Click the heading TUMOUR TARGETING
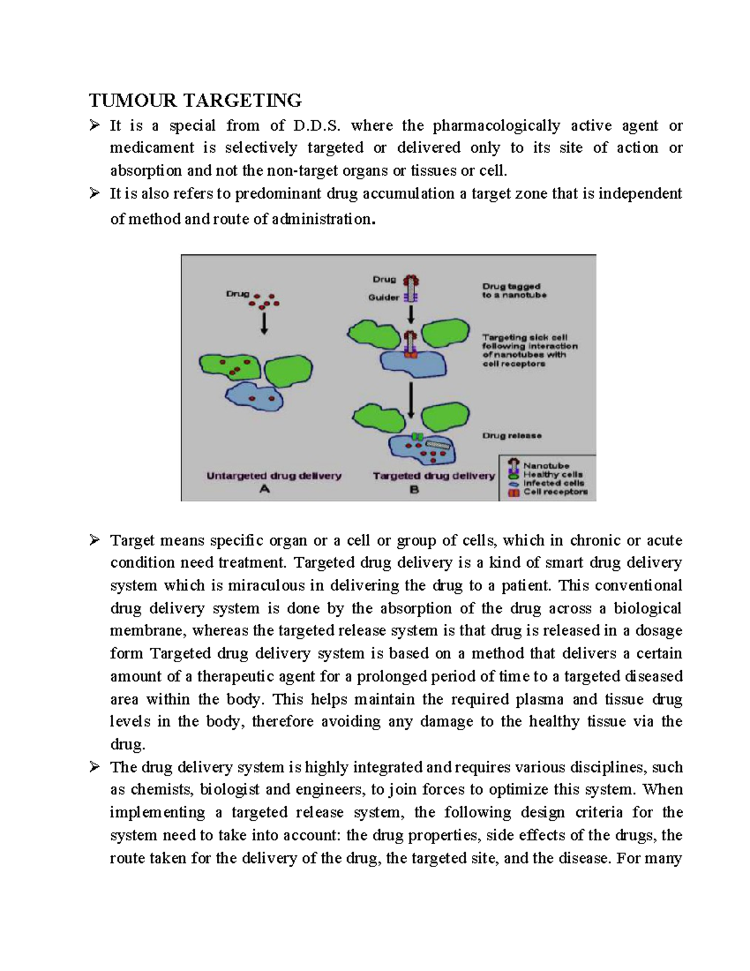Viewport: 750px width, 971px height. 195,100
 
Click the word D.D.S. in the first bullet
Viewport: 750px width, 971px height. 317,126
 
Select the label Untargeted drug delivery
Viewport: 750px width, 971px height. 274,476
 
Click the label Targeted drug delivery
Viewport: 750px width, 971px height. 434,476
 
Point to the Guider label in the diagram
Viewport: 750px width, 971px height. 383,298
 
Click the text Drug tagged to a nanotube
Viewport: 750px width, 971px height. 514,291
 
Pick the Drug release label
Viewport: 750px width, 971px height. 512,436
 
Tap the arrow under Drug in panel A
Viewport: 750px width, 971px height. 264,323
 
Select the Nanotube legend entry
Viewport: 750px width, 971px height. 546,466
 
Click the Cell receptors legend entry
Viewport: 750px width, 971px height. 555,492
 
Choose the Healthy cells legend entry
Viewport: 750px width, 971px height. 552,475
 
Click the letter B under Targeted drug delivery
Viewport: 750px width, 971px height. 414,490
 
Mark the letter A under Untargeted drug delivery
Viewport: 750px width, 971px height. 264,490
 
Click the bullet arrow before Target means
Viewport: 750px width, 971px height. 94,540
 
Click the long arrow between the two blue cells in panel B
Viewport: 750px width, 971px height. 411,400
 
